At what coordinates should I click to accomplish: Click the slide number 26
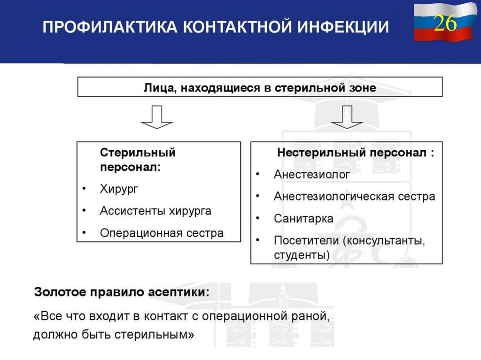click(x=444, y=23)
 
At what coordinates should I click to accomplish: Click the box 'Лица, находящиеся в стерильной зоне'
click(x=260, y=88)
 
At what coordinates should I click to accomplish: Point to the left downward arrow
click(x=157, y=117)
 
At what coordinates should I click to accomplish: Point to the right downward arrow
click(x=347, y=117)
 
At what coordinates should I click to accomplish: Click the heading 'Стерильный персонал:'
click(x=138, y=160)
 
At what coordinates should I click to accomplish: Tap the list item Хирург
click(x=119, y=189)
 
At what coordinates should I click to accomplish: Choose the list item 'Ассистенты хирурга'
click(x=155, y=211)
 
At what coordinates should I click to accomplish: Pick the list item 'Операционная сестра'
click(x=162, y=233)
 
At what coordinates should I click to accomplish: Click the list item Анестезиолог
click(x=312, y=175)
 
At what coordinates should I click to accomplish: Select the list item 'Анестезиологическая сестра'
click(x=354, y=197)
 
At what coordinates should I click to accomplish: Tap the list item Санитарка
click(x=303, y=218)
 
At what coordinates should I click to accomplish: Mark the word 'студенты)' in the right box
click(x=302, y=255)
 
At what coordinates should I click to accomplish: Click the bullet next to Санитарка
click(x=257, y=218)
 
